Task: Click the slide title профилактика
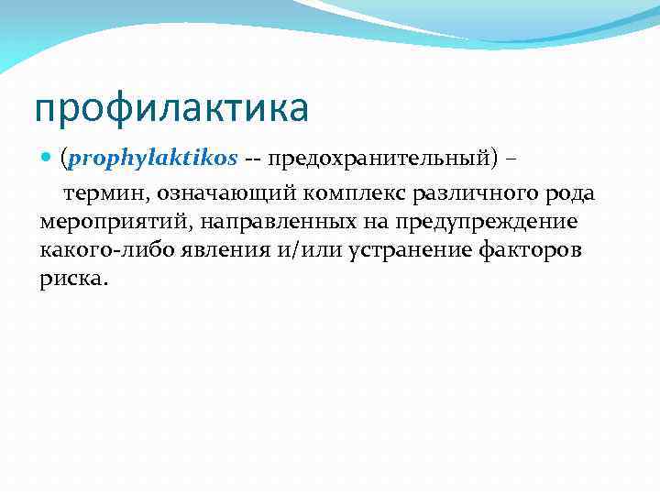tap(171, 109)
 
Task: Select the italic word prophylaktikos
tap(152, 159)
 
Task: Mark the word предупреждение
tap(487, 222)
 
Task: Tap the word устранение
tap(409, 250)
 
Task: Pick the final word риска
tap(73, 280)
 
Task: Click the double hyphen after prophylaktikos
tap(252, 159)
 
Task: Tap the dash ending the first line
tap(511, 159)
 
